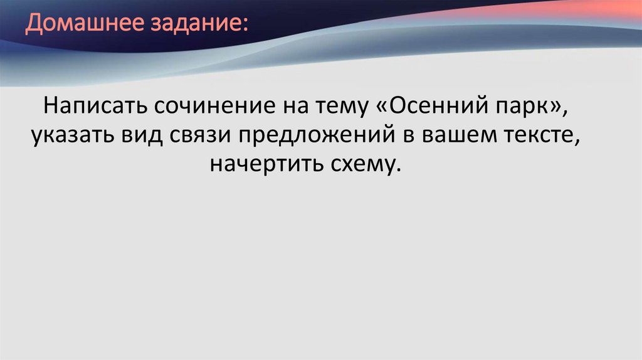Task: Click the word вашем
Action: pyautogui.click(x=461, y=135)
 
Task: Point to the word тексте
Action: pyautogui.click(x=546, y=135)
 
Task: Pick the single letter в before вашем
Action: pyautogui.click(x=416, y=135)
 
